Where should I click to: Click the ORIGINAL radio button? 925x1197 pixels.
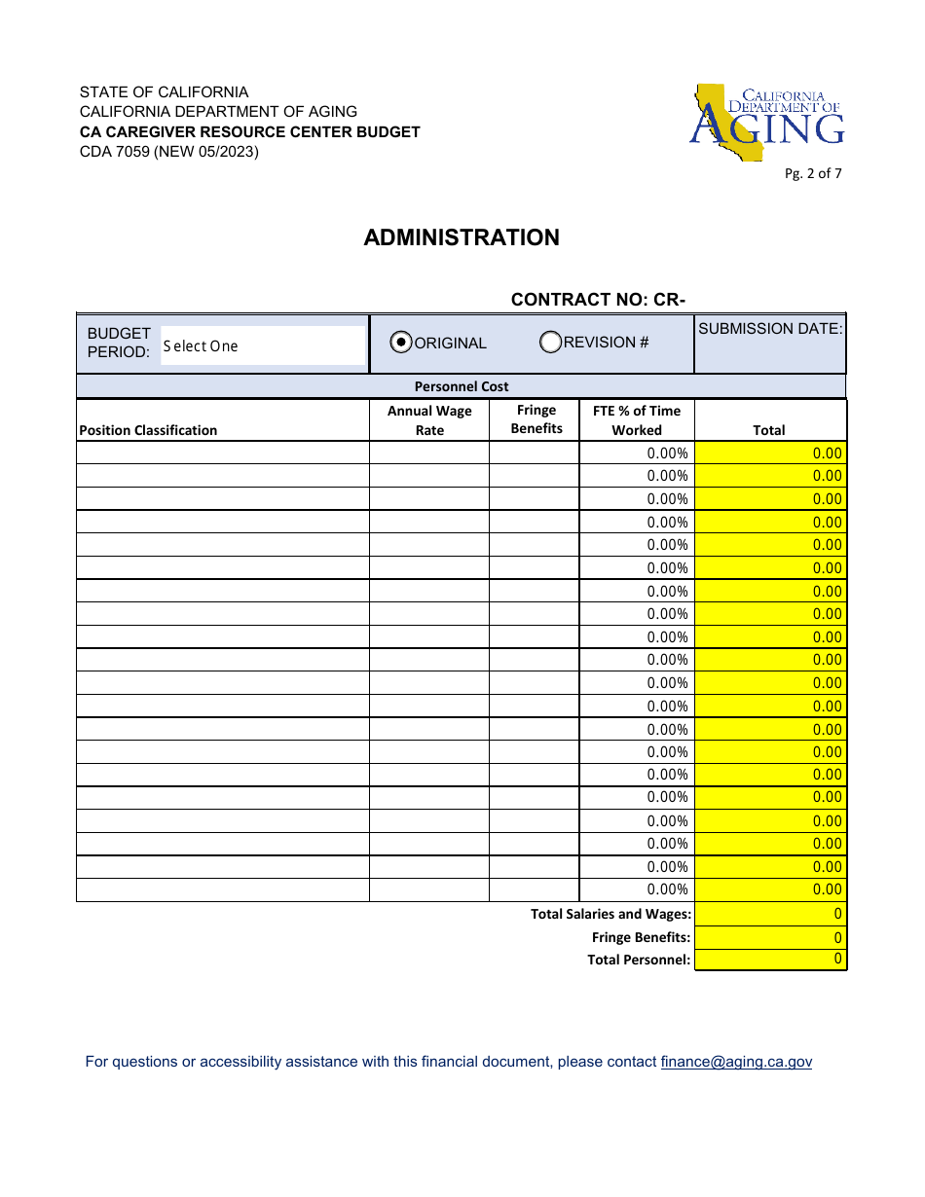pyautogui.click(x=400, y=343)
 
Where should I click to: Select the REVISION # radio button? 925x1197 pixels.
pyautogui.click(x=550, y=342)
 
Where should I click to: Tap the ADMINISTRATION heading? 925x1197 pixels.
pyautogui.click(x=462, y=237)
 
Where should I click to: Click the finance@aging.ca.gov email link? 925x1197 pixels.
pyautogui.click(x=735, y=1062)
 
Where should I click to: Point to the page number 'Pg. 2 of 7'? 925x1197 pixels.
pyautogui.click(x=813, y=174)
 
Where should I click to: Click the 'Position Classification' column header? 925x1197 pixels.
pyautogui.click(x=148, y=430)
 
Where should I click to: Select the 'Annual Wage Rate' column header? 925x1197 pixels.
pyautogui.click(x=429, y=420)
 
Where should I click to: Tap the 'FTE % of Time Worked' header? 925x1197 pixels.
pyautogui.click(x=637, y=420)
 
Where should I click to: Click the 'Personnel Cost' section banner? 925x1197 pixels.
pyautogui.click(x=462, y=386)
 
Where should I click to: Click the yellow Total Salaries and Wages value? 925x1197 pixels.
pyautogui.click(x=770, y=914)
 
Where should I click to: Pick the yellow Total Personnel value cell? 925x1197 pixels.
pyautogui.click(x=770, y=960)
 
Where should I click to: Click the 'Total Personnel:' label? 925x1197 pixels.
pyautogui.click(x=639, y=960)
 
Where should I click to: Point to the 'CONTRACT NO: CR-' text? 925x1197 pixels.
pyautogui.click(x=598, y=300)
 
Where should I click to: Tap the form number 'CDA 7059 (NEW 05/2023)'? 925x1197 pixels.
pyautogui.click(x=169, y=151)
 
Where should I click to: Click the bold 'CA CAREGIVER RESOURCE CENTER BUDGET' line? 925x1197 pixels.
pyautogui.click(x=250, y=131)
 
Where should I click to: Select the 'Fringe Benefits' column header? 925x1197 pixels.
pyautogui.click(x=536, y=419)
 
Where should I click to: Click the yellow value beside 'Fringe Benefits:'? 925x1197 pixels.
pyautogui.click(x=770, y=937)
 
